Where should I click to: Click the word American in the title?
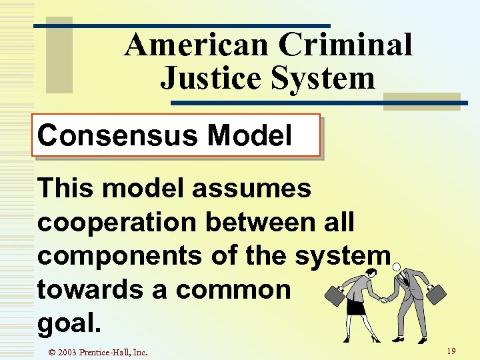[x=197, y=45]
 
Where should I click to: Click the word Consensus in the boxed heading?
[x=118, y=136]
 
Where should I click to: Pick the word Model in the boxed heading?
[x=249, y=136]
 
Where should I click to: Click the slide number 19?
[x=451, y=351]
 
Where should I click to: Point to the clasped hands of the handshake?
[x=384, y=299]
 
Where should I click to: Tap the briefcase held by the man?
[x=436, y=295]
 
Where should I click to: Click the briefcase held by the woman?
[x=335, y=297]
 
